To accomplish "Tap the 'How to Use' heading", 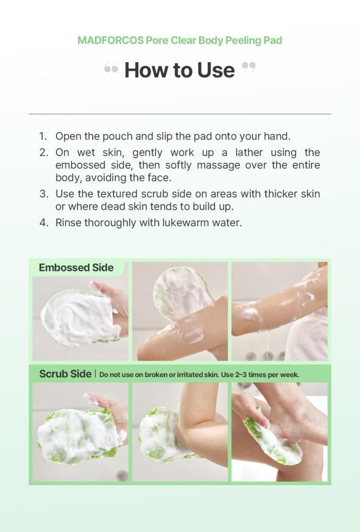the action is [180, 70].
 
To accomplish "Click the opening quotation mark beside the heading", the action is [111, 68].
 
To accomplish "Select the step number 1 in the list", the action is [43, 136].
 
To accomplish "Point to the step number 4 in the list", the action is [44, 223].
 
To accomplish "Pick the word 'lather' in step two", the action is [249, 152].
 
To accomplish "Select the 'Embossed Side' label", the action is [76, 268].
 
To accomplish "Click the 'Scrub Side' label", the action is [65, 374].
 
